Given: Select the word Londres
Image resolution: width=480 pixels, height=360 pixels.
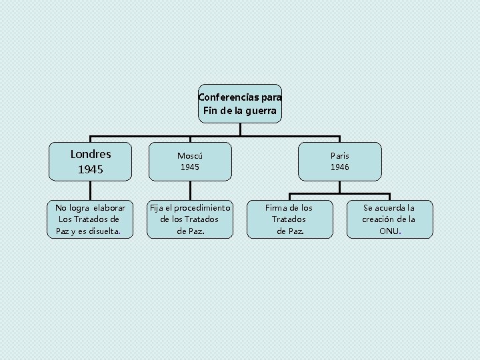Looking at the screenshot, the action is [x=91, y=154].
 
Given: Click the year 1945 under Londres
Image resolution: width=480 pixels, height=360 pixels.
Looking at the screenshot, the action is [x=91, y=169].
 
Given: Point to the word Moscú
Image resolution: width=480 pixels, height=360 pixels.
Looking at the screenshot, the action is [x=190, y=155].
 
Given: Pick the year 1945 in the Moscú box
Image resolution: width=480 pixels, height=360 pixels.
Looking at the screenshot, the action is [x=190, y=167].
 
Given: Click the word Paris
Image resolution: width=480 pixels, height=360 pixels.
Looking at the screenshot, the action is [x=340, y=155].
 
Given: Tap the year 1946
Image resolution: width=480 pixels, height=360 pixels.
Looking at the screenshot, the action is [x=340, y=167].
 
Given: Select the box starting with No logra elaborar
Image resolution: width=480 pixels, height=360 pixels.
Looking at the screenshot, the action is [x=90, y=219].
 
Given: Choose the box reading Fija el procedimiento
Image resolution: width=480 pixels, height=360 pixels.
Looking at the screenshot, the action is [x=190, y=219].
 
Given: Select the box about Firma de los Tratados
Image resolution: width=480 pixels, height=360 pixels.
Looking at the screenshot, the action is [x=289, y=219].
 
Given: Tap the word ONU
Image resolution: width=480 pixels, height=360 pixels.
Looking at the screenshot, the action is [x=390, y=231].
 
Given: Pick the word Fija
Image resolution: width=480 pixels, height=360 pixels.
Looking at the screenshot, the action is [x=157, y=207].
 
